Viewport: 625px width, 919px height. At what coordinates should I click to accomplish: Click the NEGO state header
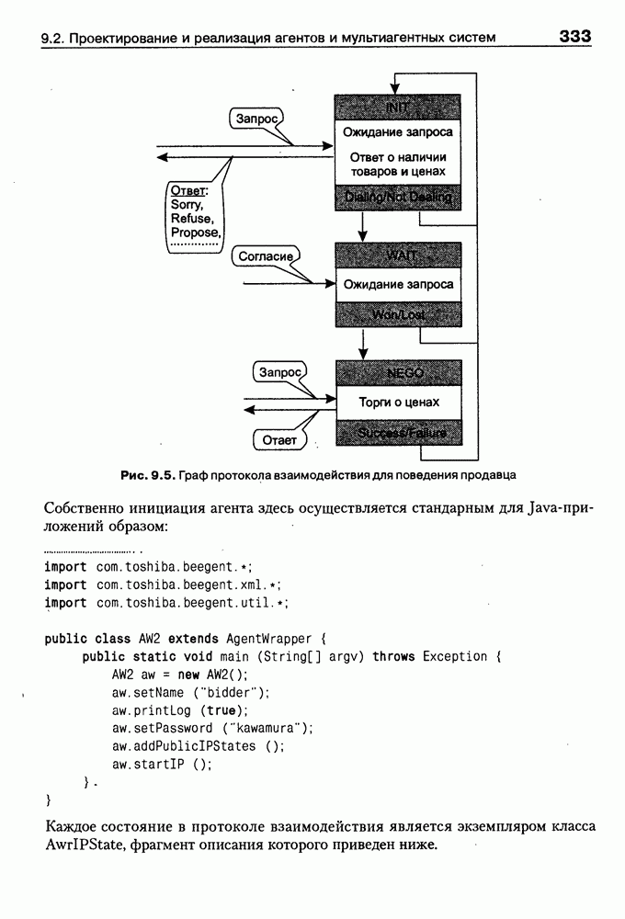[398, 373]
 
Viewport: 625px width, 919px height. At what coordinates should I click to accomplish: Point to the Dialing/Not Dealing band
[398, 198]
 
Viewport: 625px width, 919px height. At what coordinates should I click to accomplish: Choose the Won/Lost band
[398, 314]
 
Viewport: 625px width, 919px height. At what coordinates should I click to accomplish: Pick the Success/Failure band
[398, 432]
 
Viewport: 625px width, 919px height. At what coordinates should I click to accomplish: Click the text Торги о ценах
[398, 403]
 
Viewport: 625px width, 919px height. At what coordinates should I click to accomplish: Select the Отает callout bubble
[279, 441]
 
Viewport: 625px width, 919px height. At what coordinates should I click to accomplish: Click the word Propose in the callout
[195, 233]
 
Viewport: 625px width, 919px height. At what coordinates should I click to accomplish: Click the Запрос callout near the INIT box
[256, 119]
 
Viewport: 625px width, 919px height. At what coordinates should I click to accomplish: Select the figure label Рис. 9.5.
[147, 475]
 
